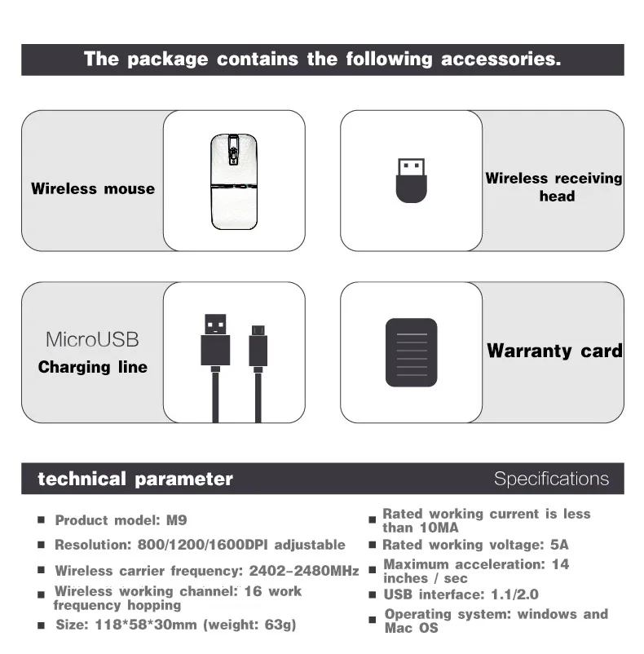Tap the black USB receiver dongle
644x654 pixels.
point(411,180)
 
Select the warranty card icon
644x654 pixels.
point(411,352)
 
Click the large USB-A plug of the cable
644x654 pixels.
point(215,338)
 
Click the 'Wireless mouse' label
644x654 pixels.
point(93,188)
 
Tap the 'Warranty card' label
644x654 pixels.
point(554,351)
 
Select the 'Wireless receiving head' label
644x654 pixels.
point(554,187)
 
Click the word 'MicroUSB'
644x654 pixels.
point(92,339)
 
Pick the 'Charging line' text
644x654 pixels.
point(93,367)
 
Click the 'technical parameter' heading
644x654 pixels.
point(135,479)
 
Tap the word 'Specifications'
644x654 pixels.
point(551,479)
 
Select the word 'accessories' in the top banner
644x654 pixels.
point(501,59)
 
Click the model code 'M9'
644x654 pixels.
point(177,519)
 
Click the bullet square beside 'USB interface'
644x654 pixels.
point(372,595)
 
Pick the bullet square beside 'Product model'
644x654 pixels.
point(41,520)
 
